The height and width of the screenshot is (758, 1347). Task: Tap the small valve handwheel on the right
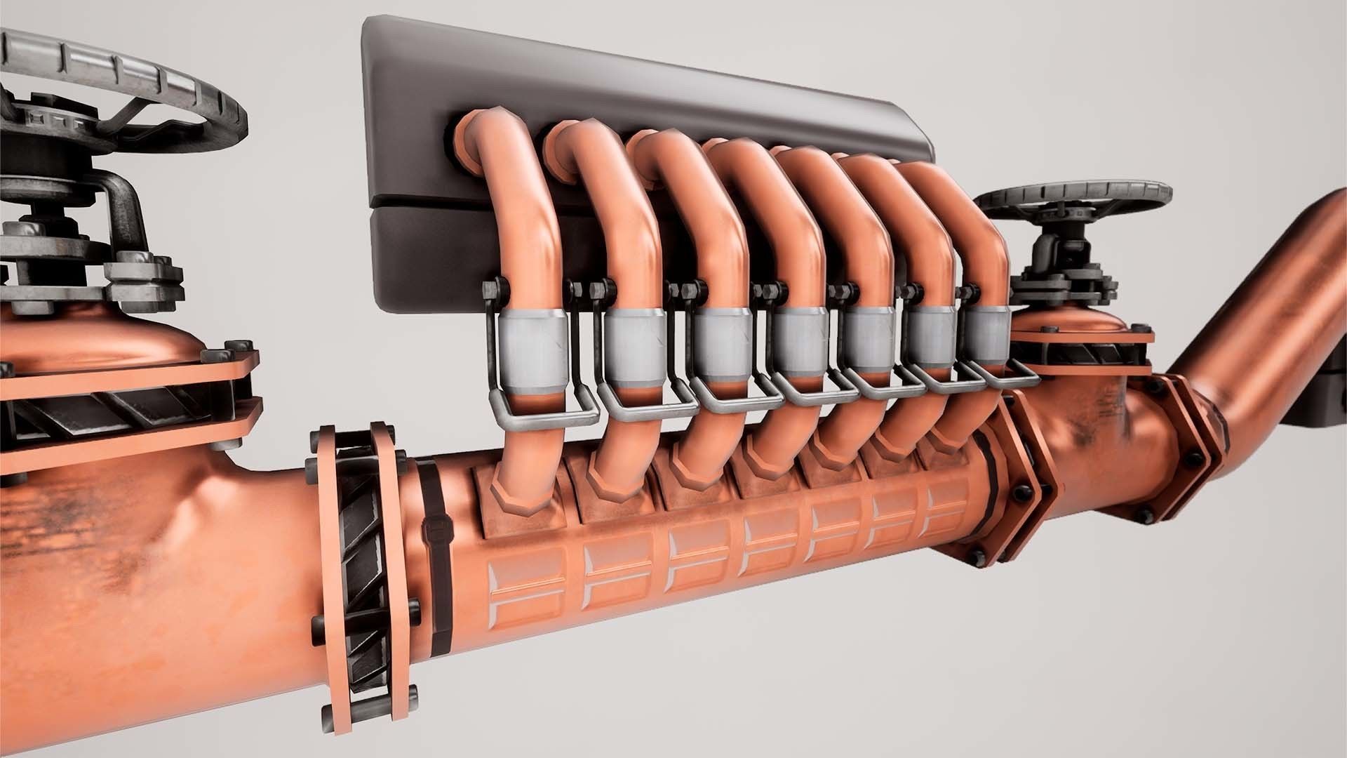point(1073,200)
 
